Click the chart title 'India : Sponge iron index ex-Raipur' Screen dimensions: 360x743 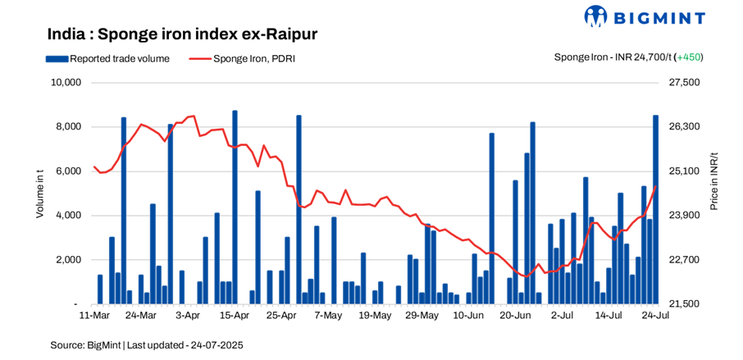(182, 34)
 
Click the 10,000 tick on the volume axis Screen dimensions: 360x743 (66, 83)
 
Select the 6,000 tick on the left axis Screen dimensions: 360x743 (68, 171)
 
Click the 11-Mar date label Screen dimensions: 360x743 (94, 315)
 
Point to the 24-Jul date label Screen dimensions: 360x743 (654, 315)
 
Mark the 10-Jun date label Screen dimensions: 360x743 (468, 315)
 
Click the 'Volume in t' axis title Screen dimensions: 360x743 (39, 194)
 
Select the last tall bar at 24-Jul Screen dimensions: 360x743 (655, 209)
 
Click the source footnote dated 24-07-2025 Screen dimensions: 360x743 (147, 345)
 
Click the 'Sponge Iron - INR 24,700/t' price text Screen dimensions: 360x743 (613, 57)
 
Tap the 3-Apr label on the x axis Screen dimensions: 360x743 (188, 315)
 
